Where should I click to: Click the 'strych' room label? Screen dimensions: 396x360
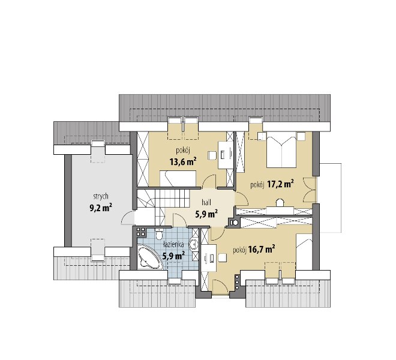tap(101, 197)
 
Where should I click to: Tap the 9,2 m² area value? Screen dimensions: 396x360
tap(101, 208)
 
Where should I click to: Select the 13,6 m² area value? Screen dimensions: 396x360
tap(184, 161)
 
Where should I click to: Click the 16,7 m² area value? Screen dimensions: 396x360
tap(262, 250)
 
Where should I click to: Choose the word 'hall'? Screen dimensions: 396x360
tap(206, 202)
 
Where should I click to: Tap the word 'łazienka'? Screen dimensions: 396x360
tap(173, 245)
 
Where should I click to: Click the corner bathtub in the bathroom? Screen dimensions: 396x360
tap(149, 256)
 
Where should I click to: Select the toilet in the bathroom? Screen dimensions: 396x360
tap(159, 235)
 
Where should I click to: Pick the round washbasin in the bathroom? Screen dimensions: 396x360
tap(194, 244)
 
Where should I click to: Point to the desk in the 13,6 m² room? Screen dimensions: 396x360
tap(226, 155)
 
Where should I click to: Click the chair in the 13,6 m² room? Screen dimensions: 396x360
tap(212, 155)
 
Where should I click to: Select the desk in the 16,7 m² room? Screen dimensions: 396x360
tap(209, 257)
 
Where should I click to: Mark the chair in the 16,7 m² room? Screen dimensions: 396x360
tap(222, 258)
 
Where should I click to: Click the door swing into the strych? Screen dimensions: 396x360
tap(128, 218)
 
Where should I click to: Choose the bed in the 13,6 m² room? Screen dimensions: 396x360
tap(178, 179)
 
